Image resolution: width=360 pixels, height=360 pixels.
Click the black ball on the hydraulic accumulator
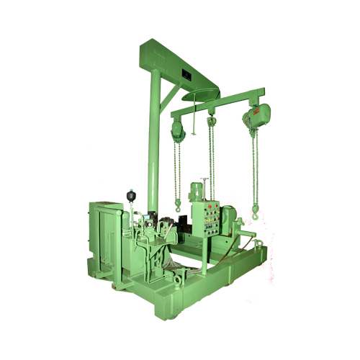(131, 194)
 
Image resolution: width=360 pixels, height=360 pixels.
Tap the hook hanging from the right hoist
(255, 211)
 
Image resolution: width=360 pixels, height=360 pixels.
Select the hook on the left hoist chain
(176, 207)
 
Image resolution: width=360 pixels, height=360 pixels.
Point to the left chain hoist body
(176, 130)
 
